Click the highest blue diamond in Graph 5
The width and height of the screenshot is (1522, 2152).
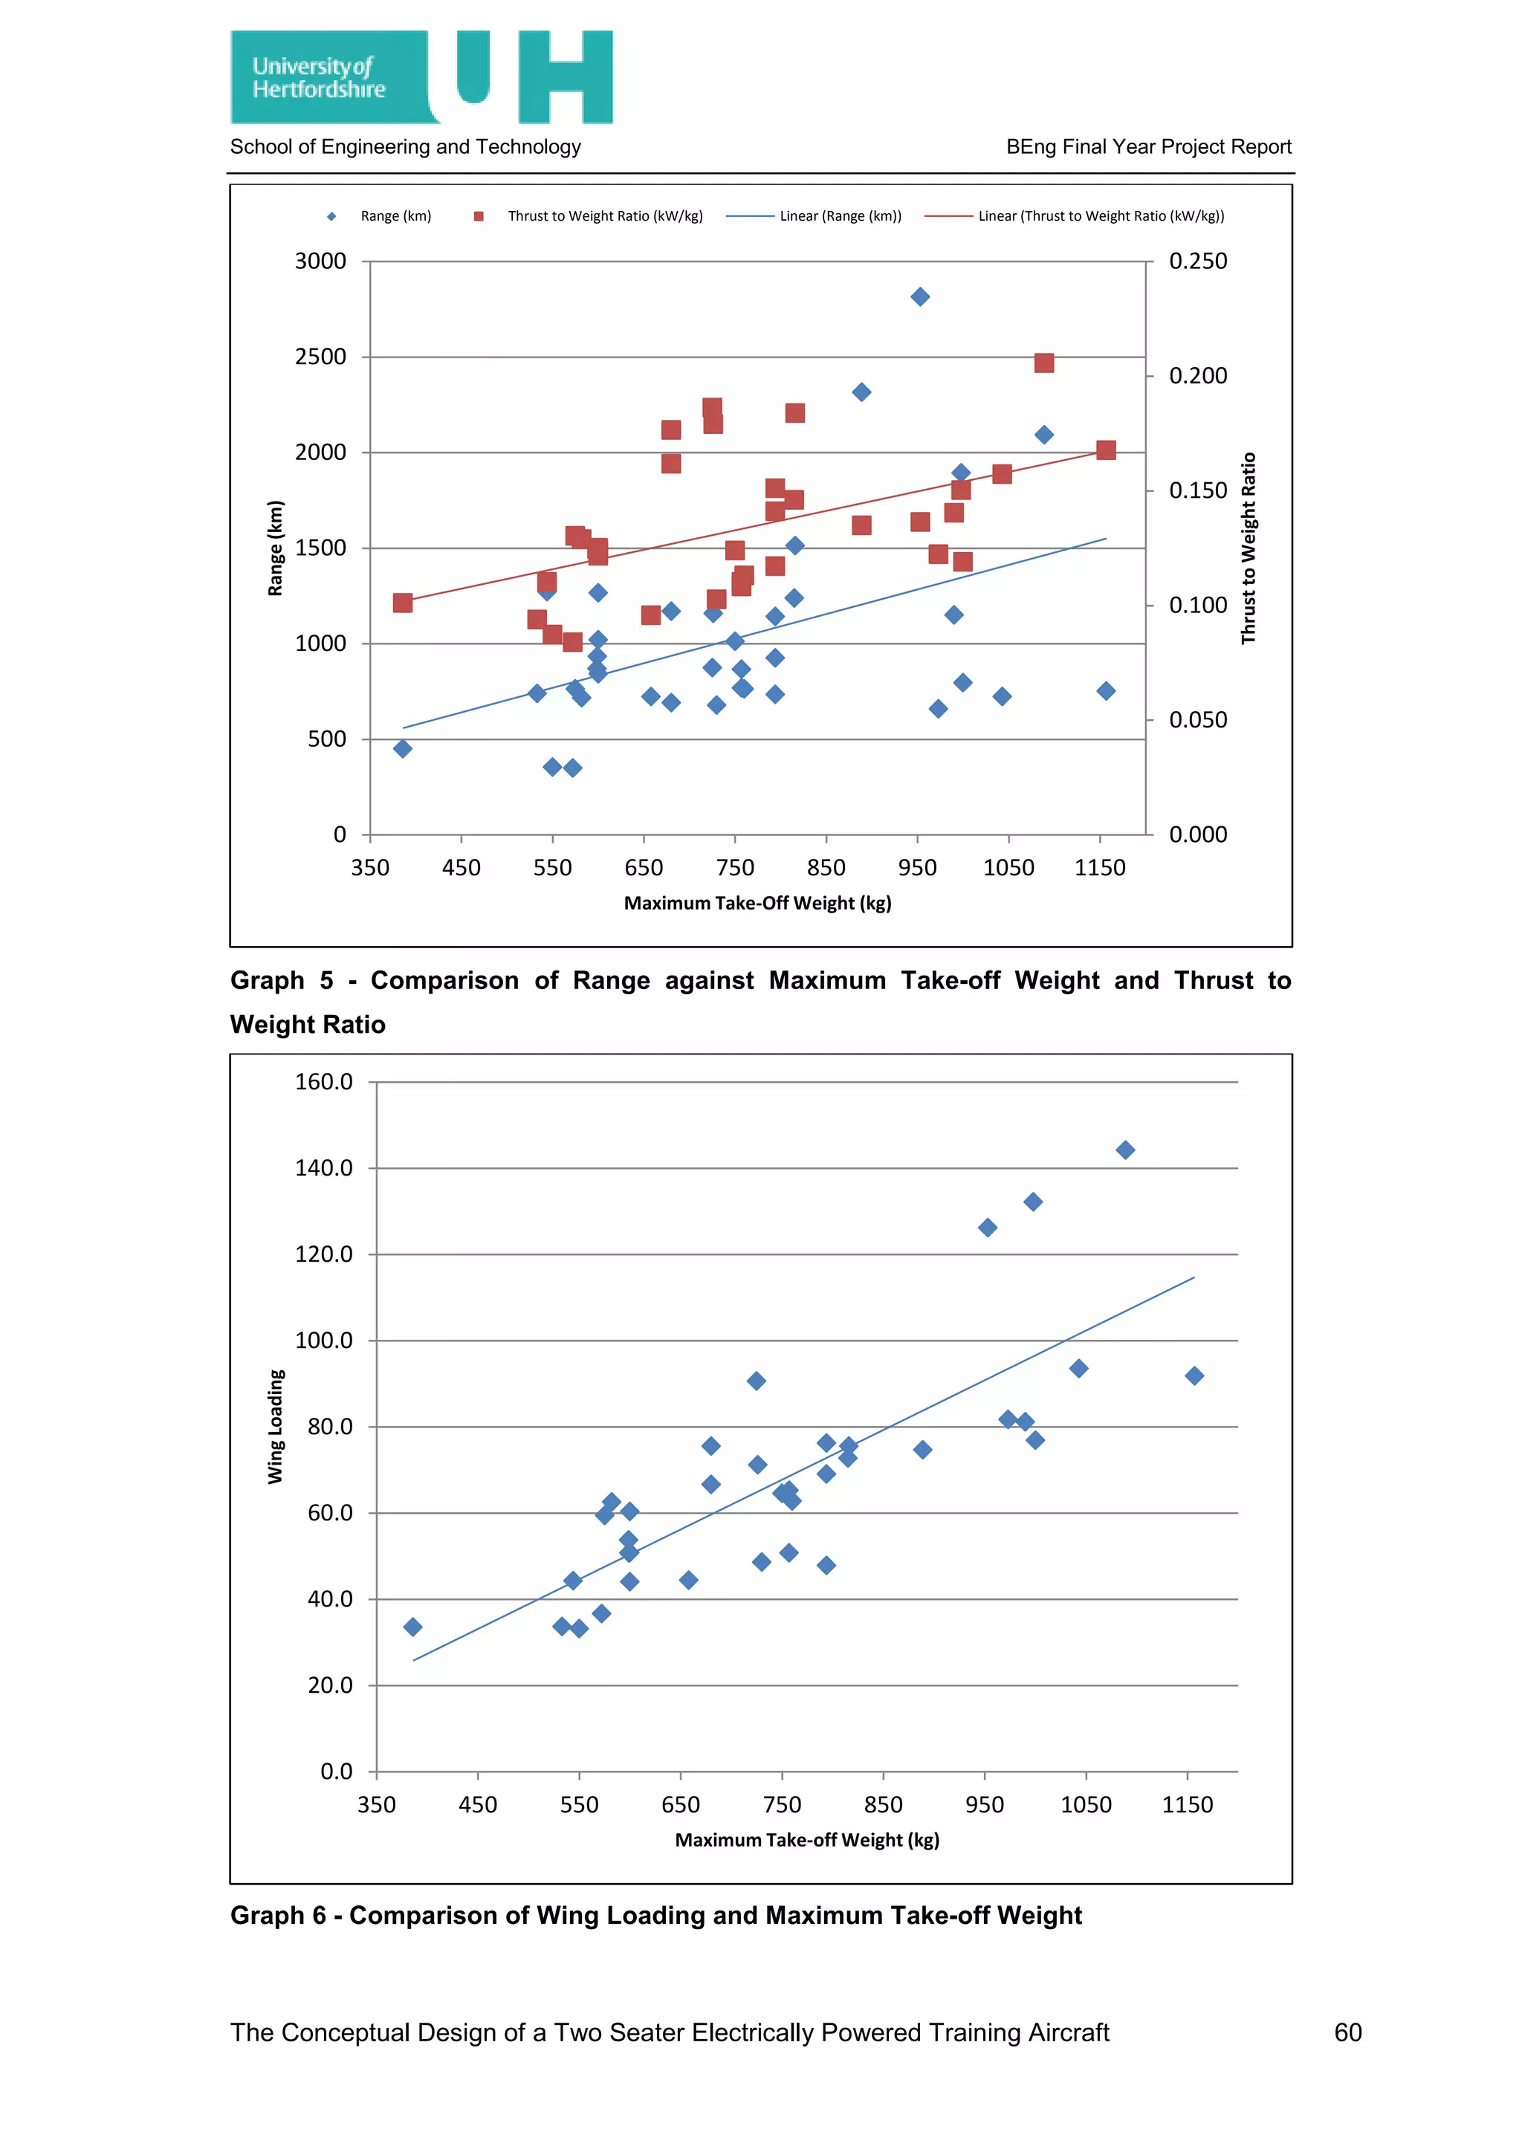coord(920,297)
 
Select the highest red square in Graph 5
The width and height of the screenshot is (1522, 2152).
coord(1044,363)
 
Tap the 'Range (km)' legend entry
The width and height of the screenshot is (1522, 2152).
coord(395,216)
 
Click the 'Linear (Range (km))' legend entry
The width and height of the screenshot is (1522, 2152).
coord(840,216)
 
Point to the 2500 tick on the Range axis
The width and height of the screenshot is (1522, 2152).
coord(320,357)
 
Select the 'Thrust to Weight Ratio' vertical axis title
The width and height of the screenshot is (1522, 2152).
coord(1249,548)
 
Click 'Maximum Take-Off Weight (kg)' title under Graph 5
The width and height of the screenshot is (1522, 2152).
coord(757,904)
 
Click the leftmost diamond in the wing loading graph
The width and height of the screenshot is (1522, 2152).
coord(412,1627)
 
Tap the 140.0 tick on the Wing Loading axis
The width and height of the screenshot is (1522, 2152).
coord(323,1169)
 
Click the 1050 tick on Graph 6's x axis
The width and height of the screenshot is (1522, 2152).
coord(1085,1805)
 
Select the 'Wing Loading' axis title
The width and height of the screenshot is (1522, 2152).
coord(276,1427)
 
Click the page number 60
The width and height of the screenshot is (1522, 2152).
coord(1347,2032)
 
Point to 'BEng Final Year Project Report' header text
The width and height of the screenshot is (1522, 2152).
coord(1148,147)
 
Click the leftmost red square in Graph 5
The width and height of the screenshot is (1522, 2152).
coord(403,603)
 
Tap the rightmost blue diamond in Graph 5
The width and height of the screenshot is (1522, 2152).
coord(1106,691)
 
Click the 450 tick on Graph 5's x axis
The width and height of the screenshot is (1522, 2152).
coord(461,868)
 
